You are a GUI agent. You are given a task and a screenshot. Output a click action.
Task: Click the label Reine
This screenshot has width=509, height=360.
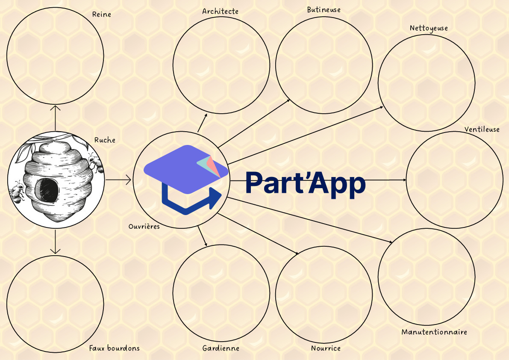click(102, 14)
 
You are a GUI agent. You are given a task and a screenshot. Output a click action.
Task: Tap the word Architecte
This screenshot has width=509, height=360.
click(220, 12)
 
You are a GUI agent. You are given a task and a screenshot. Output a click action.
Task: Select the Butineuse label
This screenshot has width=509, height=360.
click(324, 10)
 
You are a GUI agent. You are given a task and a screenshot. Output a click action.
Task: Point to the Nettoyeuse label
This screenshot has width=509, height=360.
click(429, 28)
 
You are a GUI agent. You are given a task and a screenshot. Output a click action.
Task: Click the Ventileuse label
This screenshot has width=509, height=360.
click(482, 129)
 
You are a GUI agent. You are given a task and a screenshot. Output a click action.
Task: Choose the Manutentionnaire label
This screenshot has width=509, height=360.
click(434, 332)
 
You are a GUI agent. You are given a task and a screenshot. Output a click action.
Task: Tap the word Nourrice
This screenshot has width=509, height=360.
click(326, 348)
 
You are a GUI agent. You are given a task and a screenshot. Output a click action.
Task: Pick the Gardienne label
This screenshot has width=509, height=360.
click(221, 348)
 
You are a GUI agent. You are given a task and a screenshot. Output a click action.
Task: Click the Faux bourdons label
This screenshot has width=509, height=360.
click(114, 348)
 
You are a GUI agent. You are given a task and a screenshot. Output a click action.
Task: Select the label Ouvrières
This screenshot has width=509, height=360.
click(144, 226)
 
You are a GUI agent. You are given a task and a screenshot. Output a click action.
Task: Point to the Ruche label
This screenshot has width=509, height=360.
click(105, 140)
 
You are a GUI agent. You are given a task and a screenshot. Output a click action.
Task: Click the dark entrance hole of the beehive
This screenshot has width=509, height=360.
click(47, 189)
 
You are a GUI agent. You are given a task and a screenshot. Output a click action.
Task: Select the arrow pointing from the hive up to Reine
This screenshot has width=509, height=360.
click(55, 118)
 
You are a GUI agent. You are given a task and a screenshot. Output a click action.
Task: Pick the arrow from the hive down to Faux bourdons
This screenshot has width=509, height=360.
click(55, 242)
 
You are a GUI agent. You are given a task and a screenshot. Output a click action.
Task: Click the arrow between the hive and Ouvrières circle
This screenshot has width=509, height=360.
click(118, 180)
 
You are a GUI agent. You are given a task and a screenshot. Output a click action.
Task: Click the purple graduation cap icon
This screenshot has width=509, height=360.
click(186, 169)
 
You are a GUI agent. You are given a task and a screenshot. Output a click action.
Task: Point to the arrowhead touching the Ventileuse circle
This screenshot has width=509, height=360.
click(404, 180)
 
